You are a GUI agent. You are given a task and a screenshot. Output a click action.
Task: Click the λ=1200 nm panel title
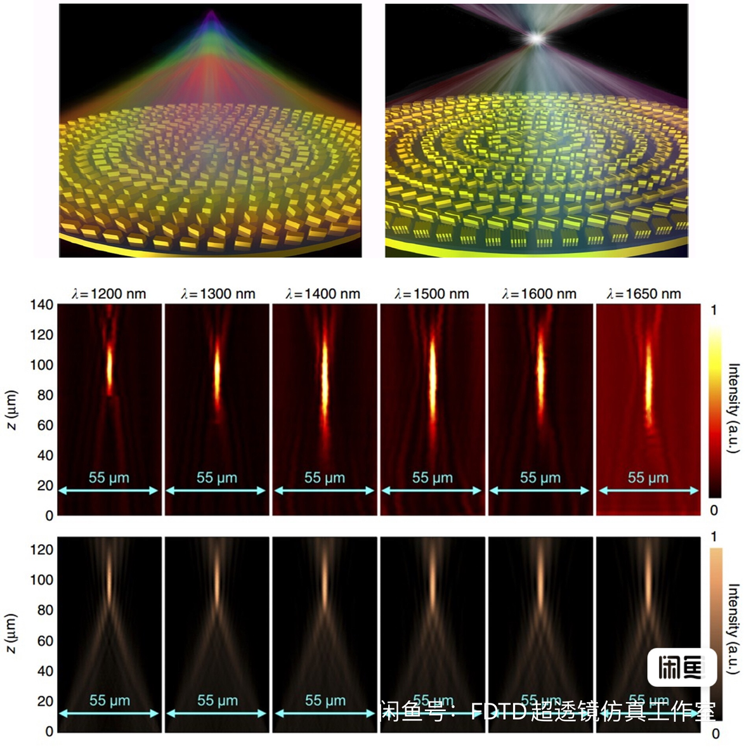pos(109,294)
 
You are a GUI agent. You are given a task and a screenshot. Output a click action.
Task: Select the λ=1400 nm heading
pos(323,294)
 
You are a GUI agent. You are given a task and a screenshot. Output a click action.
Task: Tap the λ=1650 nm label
pos(644,294)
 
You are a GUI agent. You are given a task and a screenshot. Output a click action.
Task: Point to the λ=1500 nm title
pos(432,294)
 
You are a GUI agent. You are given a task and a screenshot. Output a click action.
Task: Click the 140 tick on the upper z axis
pos(42,304)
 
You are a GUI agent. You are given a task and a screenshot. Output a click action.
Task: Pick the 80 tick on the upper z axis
pos(45,395)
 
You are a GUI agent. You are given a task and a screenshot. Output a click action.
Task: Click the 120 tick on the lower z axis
pos(42,550)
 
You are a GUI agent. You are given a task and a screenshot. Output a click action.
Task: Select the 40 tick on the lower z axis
pos(45,671)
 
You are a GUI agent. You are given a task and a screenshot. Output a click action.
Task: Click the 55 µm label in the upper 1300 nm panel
pos(217,478)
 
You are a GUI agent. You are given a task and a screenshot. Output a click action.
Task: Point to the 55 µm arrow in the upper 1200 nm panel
pos(108,490)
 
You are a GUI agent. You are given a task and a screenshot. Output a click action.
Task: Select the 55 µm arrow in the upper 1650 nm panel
pos(648,490)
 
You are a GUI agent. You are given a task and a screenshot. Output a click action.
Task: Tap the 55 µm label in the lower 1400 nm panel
pos(325,700)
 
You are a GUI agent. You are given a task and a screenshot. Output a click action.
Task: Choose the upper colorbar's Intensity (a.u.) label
pos(733,408)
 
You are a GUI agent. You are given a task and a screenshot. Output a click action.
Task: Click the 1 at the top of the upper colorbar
pos(714,310)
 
